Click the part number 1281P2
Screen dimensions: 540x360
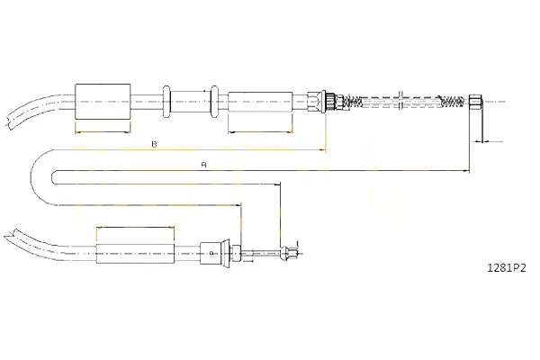(x=506, y=267)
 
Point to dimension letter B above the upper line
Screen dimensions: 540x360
(x=154, y=144)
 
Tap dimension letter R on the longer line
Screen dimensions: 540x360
(x=204, y=166)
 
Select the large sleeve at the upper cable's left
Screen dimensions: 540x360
(x=103, y=102)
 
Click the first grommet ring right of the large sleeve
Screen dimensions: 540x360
(x=166, y=102)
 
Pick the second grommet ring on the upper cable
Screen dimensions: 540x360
(x=214, y=102)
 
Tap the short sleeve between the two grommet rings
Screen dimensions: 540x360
(x=190, y=102)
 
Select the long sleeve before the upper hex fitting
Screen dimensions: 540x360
(x=260, y=102)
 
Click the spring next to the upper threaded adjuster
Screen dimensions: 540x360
(x=352, y=102)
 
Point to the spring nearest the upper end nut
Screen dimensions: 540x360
(x=451, y=101)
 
